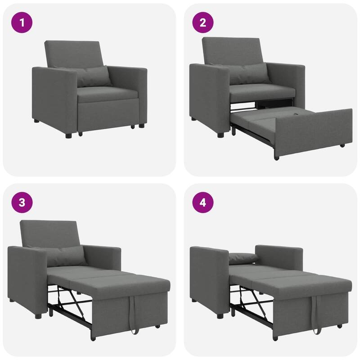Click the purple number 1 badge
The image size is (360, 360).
[x=22, y=22]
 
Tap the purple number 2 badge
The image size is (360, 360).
[x=203, y=22]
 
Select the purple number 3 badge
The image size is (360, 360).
[x=22, y=202]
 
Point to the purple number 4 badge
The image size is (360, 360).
[x=203, y=202]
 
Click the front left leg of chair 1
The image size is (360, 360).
[x=68, y=134]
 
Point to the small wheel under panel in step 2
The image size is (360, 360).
[x=342, y=145]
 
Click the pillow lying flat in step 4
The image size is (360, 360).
[x=243, y=258]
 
